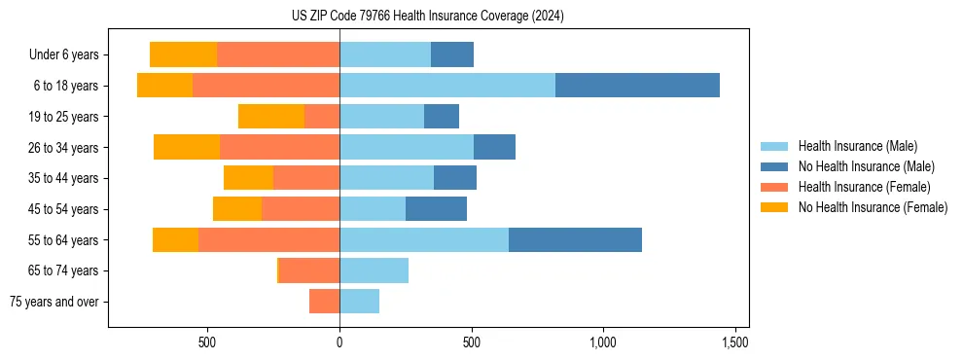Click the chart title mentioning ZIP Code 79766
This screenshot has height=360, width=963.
pos(427,17)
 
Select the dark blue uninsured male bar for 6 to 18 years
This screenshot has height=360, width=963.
pos(637,86)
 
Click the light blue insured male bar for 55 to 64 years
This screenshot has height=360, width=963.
pos(423,240)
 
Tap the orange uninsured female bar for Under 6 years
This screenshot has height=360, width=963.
pos(183,54)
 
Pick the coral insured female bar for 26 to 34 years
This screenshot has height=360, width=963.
pos(279,147)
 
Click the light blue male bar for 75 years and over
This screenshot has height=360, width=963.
pos(359,302)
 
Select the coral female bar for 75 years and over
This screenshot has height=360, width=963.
pos(324,302)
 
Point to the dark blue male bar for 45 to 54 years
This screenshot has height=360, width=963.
pos(436,209)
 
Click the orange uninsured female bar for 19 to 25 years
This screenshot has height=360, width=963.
pos(271,117)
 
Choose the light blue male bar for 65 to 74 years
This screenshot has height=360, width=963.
pos(374,270)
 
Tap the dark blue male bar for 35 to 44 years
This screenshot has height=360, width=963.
pos(454,178)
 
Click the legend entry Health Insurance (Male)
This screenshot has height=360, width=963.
pos(857,146)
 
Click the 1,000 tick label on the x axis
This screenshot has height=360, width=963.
pos(603,342)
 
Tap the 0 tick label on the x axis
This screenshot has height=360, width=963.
pos(339,342)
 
